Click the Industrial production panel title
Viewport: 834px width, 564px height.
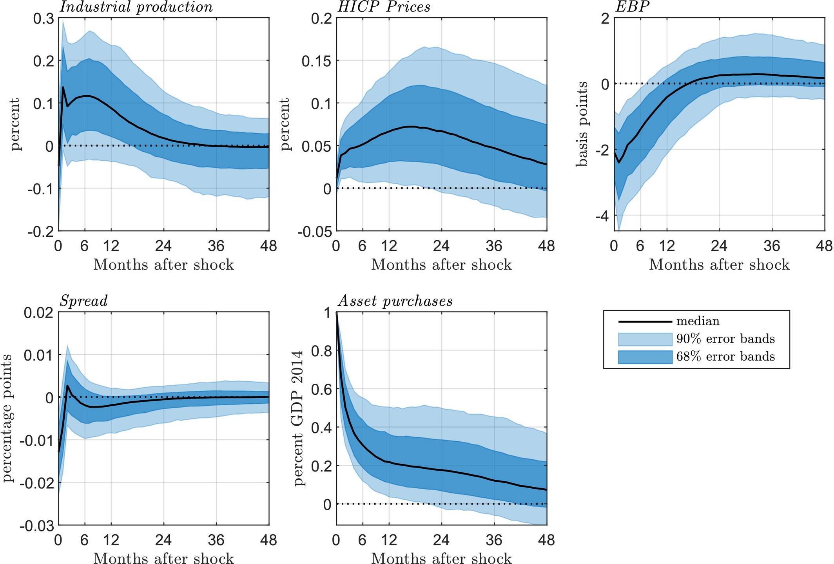[x=136, y=7]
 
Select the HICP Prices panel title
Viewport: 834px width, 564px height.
[x=384, y=7]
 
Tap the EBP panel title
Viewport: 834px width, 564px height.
[x=632, y=7]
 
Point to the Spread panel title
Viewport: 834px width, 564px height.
[x=83, y=301]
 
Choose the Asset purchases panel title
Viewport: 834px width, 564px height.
[x=395, y=301]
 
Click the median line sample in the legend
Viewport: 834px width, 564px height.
[x=645, y=322]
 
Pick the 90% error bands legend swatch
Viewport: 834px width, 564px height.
[x=645, y=339]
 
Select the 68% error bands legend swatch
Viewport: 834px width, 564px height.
[x=645, y=357]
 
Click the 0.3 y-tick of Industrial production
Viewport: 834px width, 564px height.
[x=44, y=18]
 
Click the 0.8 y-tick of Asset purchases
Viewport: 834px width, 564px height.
[x=321, y=351]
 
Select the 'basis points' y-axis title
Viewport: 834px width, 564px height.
[x=582, y=124]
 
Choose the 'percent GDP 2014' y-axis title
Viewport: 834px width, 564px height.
[x=299, y=418]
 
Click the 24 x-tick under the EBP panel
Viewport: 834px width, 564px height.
[x=719, y=246]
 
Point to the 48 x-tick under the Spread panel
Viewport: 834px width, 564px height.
[x=269, y=540]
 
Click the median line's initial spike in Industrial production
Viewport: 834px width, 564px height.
[x=63, y=87]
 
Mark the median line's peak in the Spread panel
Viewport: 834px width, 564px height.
[x=67, y=385]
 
